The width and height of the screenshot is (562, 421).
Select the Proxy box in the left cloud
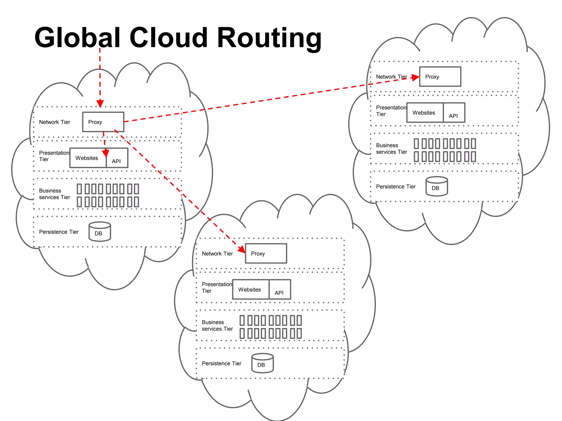[x=103, y=122]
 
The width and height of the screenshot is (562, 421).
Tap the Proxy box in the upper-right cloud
[x=440, y=77]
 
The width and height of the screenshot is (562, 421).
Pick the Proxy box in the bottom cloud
[x=266, y=254]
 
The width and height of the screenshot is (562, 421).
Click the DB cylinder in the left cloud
[x=100, y=232]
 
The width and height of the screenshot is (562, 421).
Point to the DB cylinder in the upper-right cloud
[x=437, y=186]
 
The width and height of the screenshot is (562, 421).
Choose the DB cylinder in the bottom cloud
[x=262, y=363]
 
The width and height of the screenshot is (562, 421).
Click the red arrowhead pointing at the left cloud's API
[x=106, y=153]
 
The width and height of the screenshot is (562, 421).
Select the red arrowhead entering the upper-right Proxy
[x=415, y=78]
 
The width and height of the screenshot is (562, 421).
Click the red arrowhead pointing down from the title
[x=100, y=104]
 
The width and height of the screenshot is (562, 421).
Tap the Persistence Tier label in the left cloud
[x=59, y=232]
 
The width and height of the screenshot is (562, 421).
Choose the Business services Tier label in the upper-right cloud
[x=391, y=149]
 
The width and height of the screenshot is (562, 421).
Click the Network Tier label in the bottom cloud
[x=217, y=254]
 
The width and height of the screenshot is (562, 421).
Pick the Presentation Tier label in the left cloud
[x=54, y=156]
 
